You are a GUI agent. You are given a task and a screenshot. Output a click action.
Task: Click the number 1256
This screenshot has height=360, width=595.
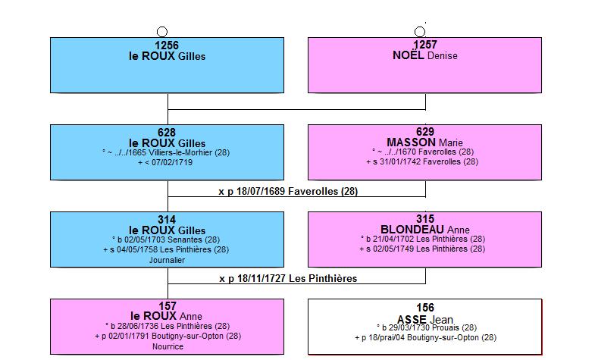[167, 45]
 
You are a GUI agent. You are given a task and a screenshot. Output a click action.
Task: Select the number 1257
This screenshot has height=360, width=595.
[425, 45]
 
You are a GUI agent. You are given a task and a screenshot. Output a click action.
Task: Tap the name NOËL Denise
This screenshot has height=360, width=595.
[425, 55]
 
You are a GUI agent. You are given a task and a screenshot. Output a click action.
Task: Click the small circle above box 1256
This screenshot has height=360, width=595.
[162, 32]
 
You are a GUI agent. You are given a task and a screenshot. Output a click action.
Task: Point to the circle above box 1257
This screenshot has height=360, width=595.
[420, 32]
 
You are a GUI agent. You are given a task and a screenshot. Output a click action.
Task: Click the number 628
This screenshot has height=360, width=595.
[167, 133]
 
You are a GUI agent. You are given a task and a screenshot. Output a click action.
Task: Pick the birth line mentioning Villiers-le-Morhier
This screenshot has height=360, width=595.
[166, 152]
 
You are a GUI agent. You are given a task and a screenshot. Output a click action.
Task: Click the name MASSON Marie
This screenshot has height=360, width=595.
[424, 142]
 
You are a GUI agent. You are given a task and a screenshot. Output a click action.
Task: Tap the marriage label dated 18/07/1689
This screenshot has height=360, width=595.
[288, 191]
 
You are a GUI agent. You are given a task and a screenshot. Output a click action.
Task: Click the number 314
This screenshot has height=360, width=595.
[167, 220]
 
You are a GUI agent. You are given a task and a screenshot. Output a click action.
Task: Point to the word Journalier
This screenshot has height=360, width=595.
[167, 260]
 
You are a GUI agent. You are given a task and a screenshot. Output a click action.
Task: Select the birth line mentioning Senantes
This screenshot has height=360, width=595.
[166, 239]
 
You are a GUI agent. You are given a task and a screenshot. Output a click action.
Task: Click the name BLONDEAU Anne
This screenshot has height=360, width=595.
[425, 230]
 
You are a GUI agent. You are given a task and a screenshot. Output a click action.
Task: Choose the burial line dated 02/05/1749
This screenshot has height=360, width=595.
[422, 249]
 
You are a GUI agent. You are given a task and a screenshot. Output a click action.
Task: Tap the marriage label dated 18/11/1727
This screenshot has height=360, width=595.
[288, 278]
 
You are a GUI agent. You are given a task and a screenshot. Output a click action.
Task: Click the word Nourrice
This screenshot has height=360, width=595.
[168, 346]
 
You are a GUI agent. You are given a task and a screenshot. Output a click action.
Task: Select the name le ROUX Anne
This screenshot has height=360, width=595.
[166, 316]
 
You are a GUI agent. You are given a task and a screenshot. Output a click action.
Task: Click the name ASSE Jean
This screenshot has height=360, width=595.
[425, 319]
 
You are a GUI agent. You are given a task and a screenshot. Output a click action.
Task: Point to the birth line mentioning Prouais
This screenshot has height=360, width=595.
[427, 327]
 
